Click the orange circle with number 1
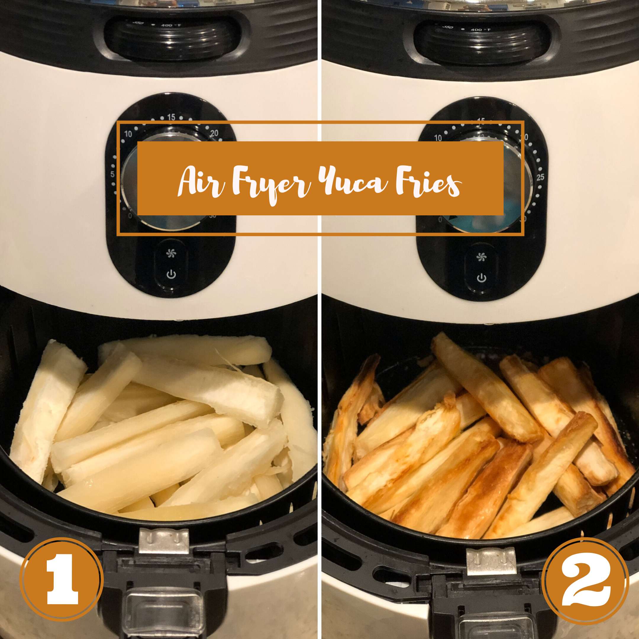tap(62, 579)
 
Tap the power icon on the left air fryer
tap(171, 274)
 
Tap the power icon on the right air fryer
tap(482, 278)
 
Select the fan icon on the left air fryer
tap(171, 253)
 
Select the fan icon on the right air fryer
tap(482, 257)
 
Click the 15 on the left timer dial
tap(171, 117)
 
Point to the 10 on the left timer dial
tap(128, 134)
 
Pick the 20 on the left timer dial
tap(214, 133)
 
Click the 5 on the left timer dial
tap(112, 174)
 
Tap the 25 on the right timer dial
tap(540, 177)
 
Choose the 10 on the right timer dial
tap(438, 138)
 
